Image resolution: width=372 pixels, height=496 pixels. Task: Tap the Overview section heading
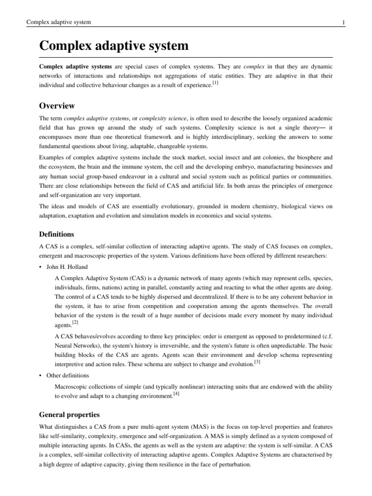coord(57,106)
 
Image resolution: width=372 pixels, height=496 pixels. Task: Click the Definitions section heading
coord(57,234)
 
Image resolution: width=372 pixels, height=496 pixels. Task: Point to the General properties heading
coord(69,415)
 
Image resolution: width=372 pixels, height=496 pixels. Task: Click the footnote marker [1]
coord(216,83)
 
